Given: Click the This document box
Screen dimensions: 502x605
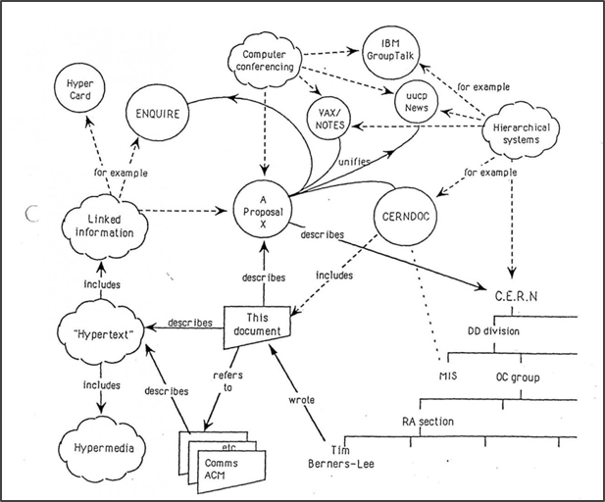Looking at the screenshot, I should point(260,326).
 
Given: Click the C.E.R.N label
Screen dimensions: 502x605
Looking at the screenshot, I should point(513,295).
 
